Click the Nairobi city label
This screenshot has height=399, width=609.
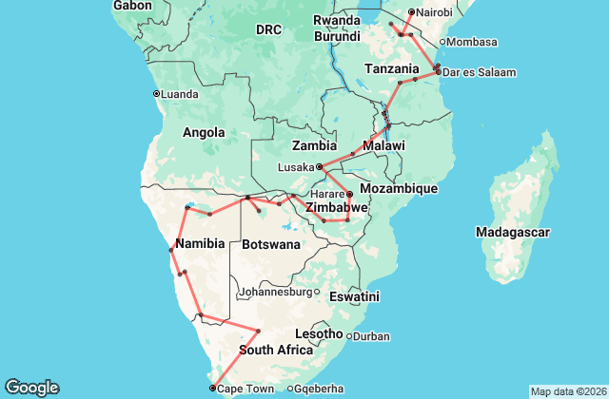tap(436, 12)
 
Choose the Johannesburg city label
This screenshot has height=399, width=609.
tap(276, 292)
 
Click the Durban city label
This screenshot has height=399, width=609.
tap(371, 335)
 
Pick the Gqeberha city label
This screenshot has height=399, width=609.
tap(319, 389)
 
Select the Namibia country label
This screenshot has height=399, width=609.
tap(200, 243)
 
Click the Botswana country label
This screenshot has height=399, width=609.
tap(271, 244)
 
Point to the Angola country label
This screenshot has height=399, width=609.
tap(204, 132)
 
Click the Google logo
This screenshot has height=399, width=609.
tap(31, 387)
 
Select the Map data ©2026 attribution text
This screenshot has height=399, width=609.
tap(567, 391)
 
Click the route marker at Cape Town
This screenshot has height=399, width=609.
tap(211, 388)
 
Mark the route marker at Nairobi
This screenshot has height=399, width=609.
tap(411, 11)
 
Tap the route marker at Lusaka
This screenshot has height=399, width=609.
tap(319, 167)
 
